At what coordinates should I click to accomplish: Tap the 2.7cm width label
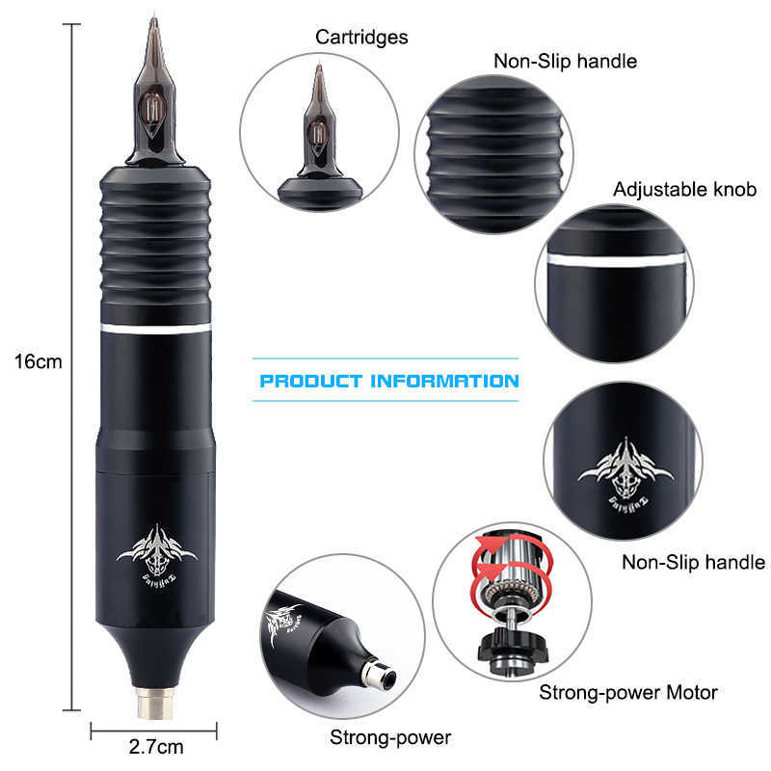[155, 746]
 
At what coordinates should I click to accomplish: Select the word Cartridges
[361, 38]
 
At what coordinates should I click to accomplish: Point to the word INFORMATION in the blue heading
[443, 381]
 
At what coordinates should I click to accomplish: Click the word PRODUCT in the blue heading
[310, 381]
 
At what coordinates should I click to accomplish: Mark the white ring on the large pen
[155, 330]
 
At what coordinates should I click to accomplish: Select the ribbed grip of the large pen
[155, 246]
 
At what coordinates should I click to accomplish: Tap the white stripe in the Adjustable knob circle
[615, 260]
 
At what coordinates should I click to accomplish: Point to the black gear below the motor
[510, 642]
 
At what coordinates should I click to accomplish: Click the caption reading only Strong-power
[390, 738]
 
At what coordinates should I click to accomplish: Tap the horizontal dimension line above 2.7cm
[155, 730]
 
